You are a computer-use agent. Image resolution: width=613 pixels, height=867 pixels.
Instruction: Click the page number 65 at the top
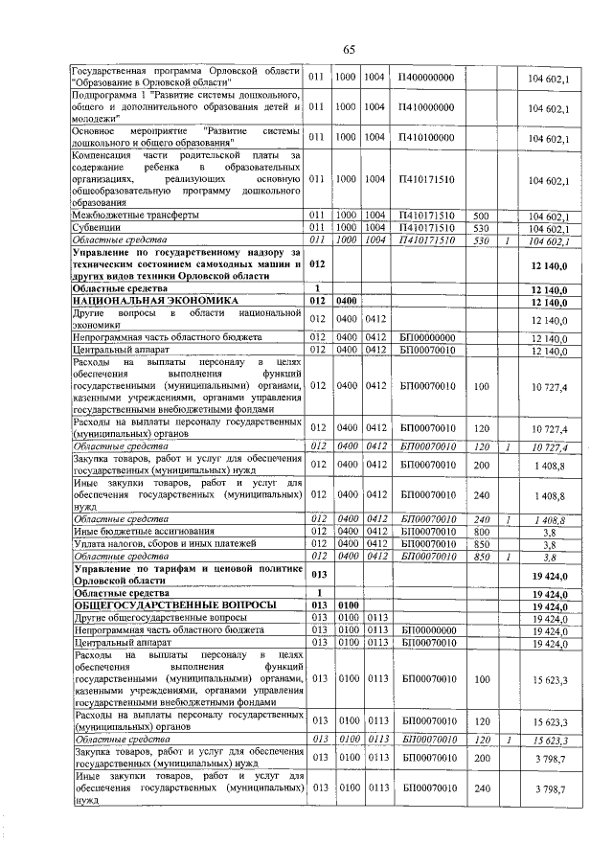pos(349,50)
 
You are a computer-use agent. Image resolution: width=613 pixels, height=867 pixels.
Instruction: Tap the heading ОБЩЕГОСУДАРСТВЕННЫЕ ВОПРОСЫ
pos(162,605)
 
